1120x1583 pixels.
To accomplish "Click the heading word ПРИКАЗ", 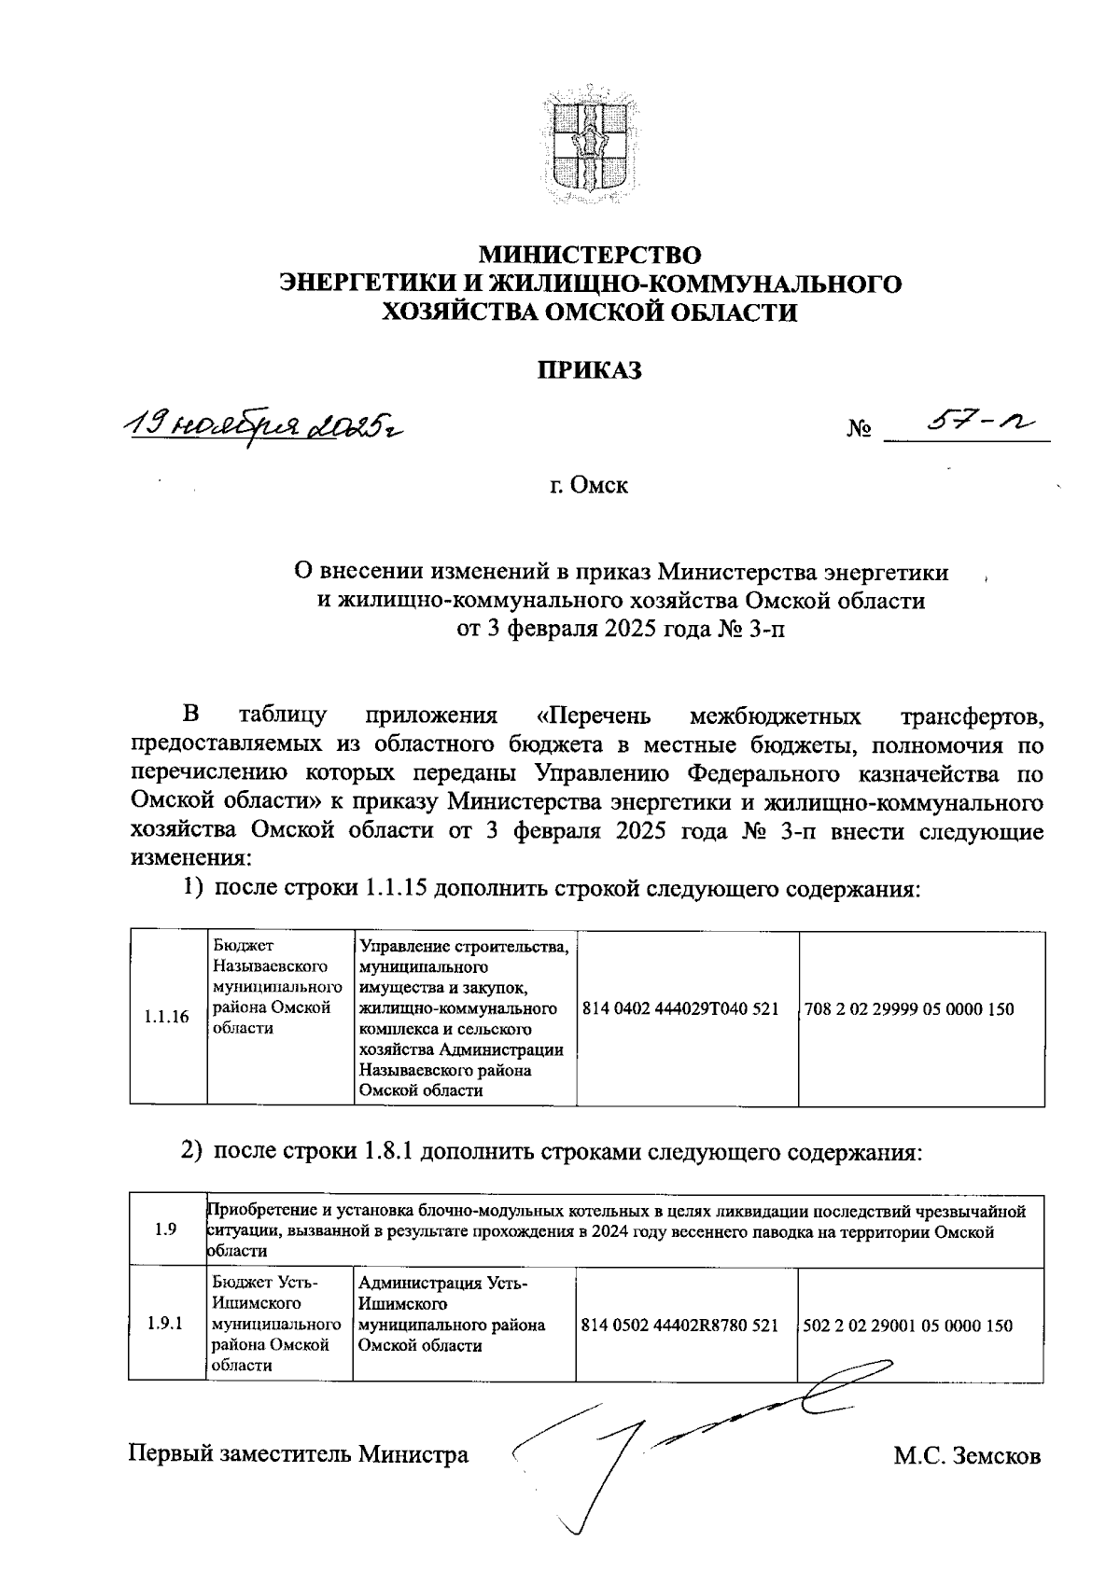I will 589,370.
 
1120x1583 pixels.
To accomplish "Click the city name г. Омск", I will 589,486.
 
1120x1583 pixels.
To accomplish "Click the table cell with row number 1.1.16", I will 167,1018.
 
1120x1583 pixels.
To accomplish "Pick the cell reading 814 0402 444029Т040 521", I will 680,1009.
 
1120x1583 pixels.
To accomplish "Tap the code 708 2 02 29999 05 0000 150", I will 908,1009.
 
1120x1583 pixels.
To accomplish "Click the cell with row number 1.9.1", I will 167,1324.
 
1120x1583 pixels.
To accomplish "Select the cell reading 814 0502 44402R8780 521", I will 679,1326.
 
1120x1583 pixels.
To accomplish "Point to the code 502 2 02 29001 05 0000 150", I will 907,1326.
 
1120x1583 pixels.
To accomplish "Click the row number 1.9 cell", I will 167,1229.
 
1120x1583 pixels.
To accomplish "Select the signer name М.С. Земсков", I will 966,1455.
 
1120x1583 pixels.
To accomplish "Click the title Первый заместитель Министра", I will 299,1454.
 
